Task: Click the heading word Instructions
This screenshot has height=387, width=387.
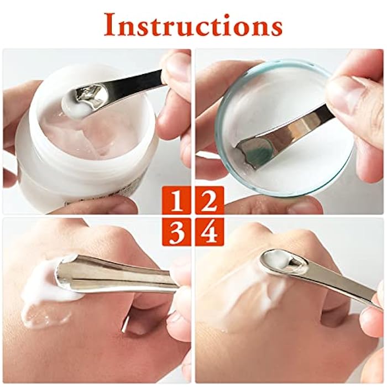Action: tap(193, 24)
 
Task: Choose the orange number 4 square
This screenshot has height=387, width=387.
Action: tap(209, 232)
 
